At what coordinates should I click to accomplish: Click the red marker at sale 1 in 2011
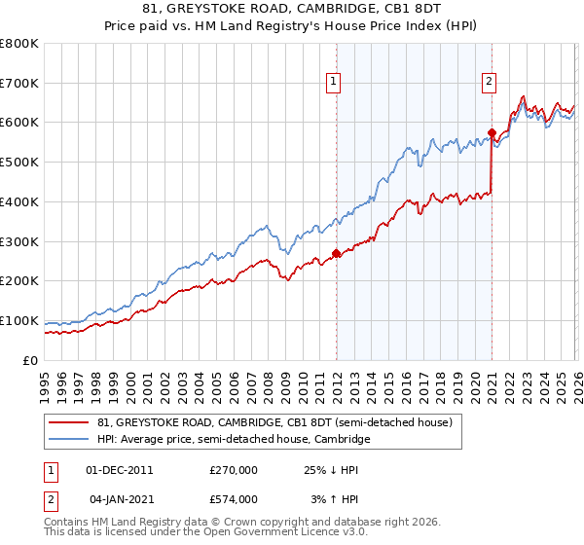pos(336,253)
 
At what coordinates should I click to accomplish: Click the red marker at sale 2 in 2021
pos(492,132)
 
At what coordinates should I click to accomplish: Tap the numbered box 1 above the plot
pos(333,83)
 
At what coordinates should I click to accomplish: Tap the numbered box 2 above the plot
pos(489,83)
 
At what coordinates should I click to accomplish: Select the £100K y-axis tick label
pos(19,320)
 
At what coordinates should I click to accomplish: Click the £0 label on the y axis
pos(31,360)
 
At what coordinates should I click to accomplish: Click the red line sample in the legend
pos(68,423)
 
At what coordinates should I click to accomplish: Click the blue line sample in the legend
pos(68,440)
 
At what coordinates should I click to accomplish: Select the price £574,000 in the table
pos(233,498)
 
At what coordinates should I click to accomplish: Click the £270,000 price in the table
pos(233,469)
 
